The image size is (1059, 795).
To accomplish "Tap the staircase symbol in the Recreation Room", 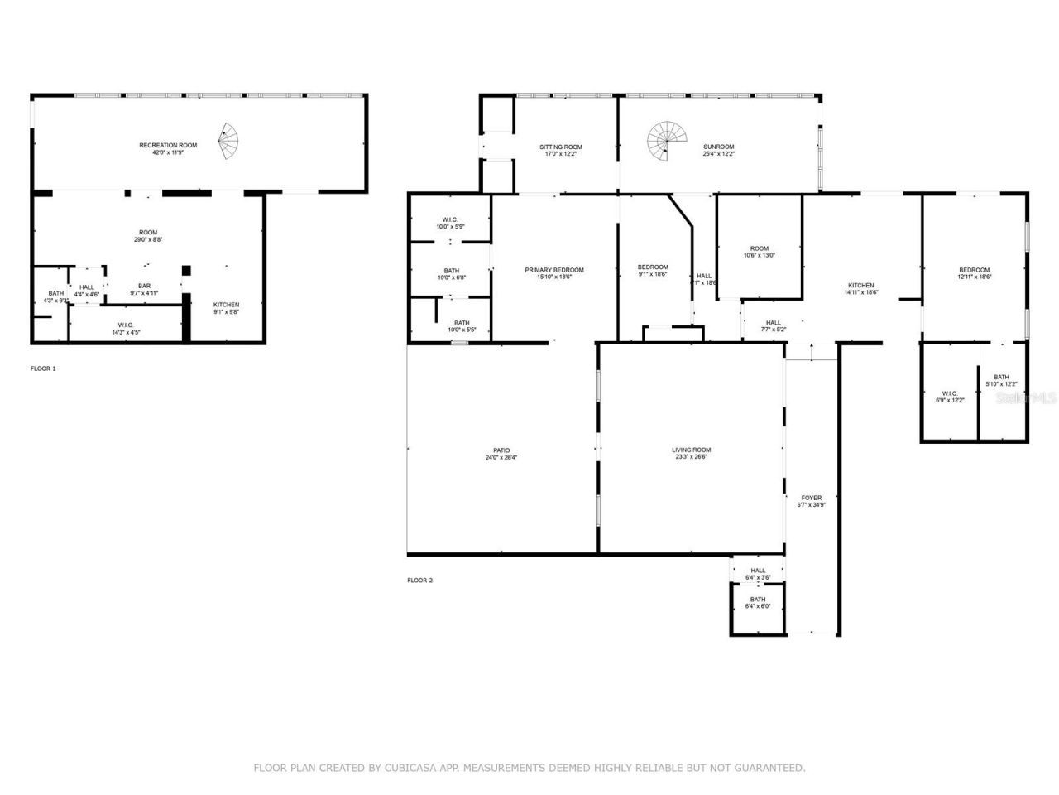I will pos(228,142).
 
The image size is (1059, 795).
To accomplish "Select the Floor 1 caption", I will pos(43,368).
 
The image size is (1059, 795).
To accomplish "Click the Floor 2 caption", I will pos(419,581).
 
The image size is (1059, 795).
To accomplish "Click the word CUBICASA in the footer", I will pos(408,768).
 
